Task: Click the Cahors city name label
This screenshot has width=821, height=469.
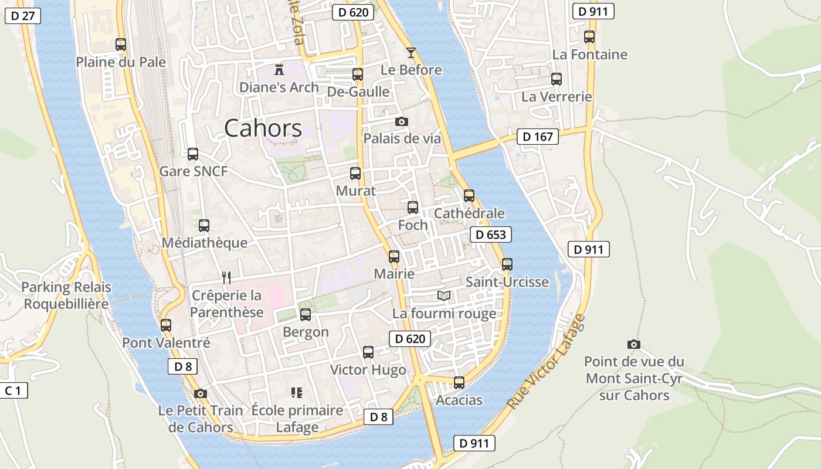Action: [263, 128]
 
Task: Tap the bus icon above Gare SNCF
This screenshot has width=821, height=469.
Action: [193, 154]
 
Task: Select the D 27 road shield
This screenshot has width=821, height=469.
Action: [23, 15]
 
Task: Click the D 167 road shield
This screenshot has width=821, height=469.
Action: [537, 137]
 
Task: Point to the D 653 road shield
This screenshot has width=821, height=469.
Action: [491, 235]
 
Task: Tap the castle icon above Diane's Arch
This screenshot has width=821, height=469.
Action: [279, 69]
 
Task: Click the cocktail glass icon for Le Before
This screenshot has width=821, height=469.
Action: [411, 52]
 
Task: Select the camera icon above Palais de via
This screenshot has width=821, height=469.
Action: [402, 121]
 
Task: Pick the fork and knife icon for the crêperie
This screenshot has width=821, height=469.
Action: [226, 277]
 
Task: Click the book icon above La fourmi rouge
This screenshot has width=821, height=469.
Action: [445, 295]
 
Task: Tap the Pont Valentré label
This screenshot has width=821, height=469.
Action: [166, 342]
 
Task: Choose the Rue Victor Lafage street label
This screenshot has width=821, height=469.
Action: [546, 362]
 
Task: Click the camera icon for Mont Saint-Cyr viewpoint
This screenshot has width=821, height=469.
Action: [634, 344]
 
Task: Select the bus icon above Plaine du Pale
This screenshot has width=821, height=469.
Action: [121, 44]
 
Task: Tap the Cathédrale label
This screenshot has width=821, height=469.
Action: [469, 213]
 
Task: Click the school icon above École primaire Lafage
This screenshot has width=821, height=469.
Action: [297, 392]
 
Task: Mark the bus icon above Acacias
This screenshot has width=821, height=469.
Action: [459, 383]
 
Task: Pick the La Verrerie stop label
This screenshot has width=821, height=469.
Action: [557, 97]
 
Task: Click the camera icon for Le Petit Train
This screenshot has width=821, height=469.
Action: [201, 393]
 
